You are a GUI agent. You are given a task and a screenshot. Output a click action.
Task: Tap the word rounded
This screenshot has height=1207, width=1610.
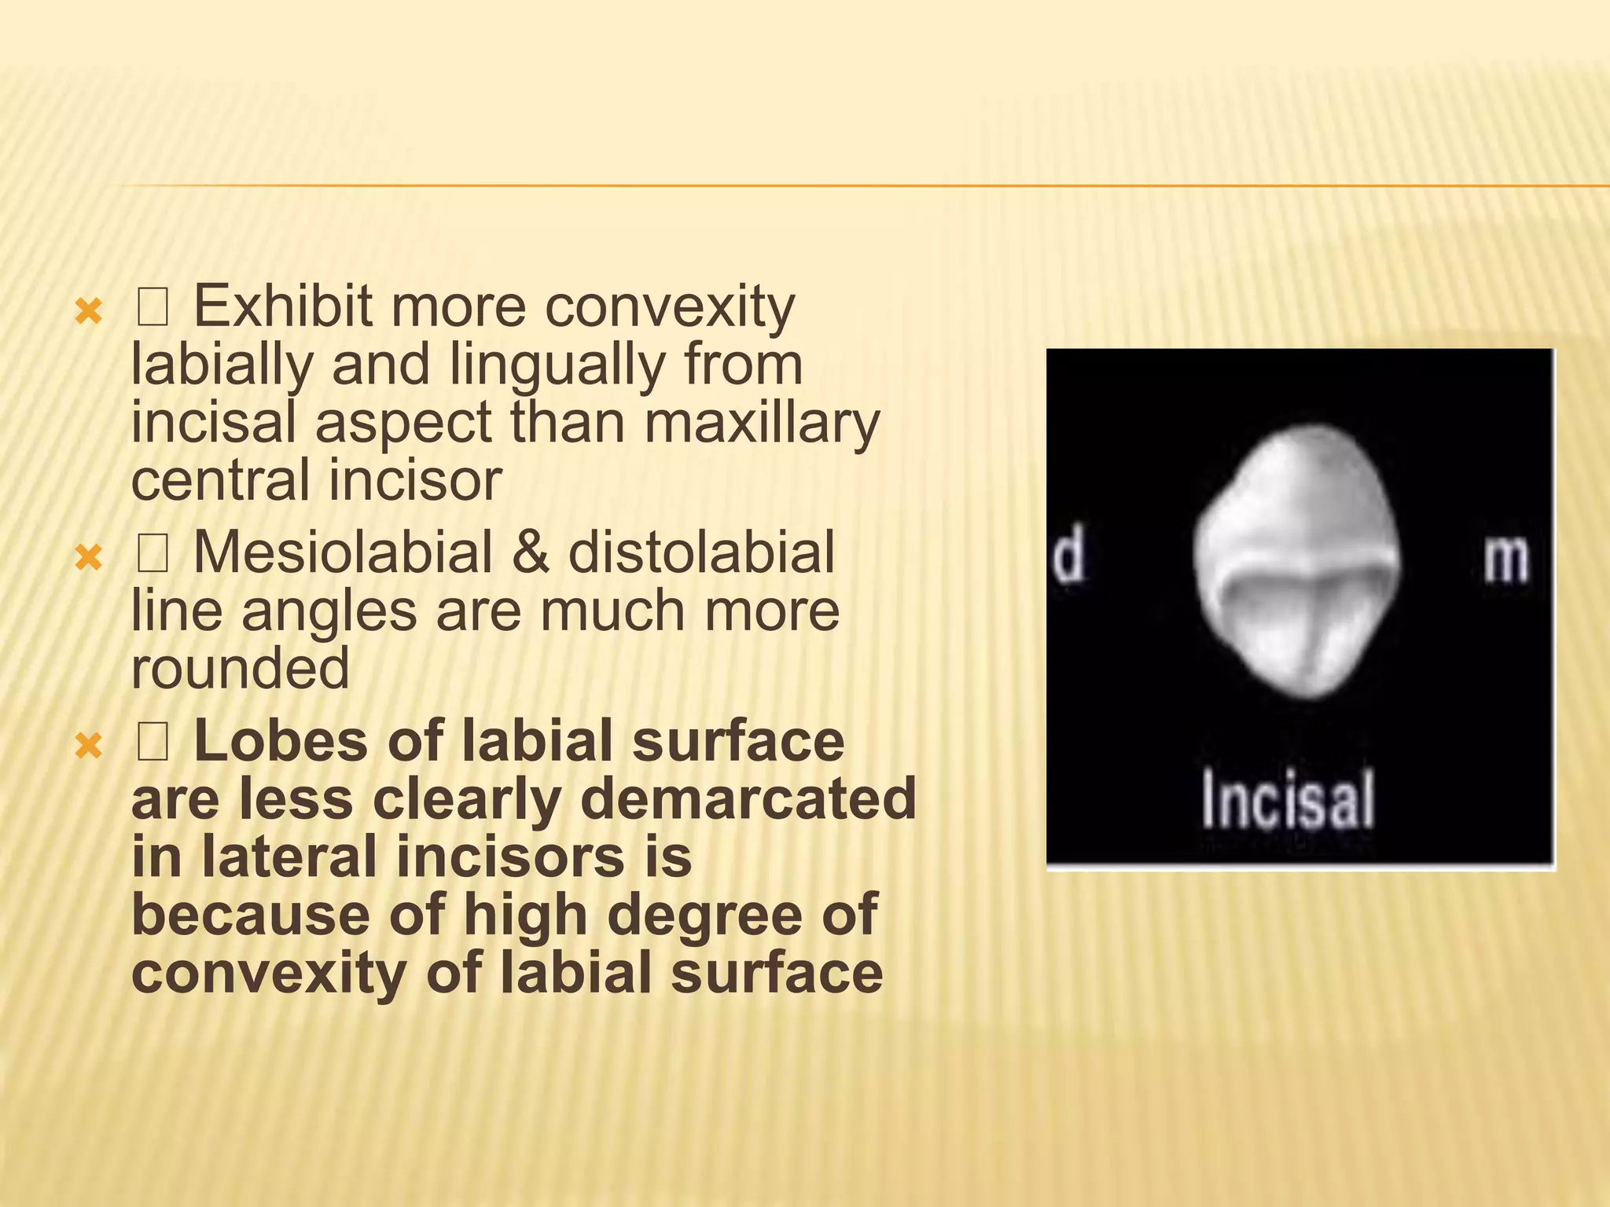[240, 668]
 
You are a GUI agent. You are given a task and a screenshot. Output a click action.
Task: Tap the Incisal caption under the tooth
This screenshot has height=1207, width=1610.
[1288, 799]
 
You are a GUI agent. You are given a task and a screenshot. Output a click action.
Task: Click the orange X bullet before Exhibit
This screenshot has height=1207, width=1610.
[88, 313]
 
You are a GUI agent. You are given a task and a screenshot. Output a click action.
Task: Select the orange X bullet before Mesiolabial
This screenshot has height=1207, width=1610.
[88, 559]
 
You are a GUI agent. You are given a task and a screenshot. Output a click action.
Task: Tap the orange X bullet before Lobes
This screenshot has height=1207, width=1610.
[88, 747]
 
